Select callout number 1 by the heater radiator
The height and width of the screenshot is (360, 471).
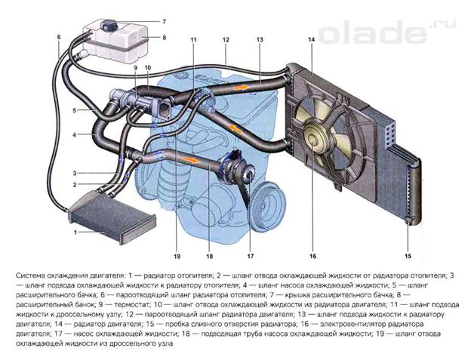click(x=75, y=232)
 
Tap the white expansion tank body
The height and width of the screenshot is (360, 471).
click(x=125, y=43)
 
